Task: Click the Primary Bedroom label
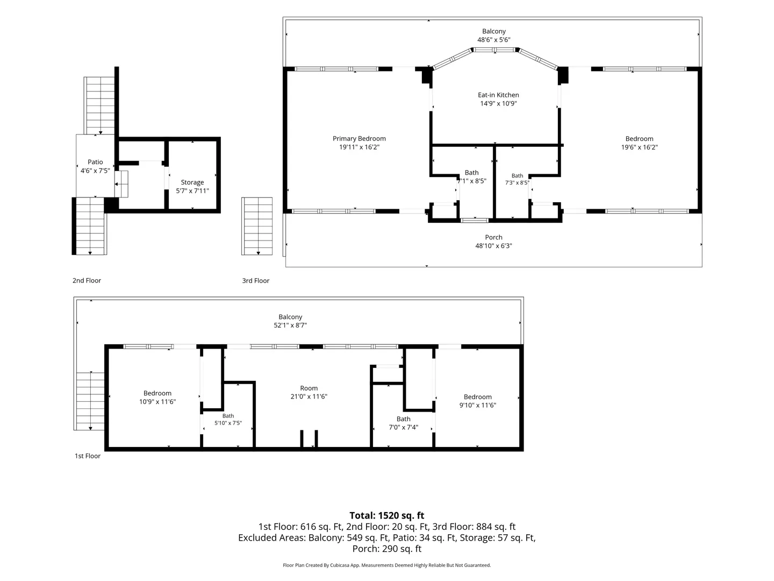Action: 359,139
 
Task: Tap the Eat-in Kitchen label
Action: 498,95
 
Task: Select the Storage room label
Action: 192,182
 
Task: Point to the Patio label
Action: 95,162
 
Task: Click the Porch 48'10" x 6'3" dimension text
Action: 493,246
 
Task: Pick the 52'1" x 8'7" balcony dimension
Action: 290,325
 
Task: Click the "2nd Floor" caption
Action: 87,280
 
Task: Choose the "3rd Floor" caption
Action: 256,280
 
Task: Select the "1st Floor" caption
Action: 88,456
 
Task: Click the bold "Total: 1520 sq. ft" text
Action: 387,515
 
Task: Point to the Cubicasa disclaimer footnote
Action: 387,565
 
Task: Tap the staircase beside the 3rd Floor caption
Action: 257,226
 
